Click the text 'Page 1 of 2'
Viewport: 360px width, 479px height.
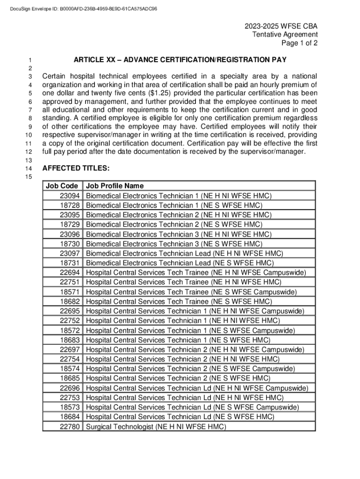point(299,44)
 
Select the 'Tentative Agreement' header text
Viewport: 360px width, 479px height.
point(285,34)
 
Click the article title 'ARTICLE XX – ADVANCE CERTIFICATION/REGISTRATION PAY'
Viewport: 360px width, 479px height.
point(180,60)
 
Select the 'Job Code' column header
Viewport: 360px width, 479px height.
point(62,186)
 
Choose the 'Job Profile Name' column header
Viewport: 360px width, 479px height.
point(115,186)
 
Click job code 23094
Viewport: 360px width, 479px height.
point(70,196)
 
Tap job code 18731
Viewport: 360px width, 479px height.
point(70,263)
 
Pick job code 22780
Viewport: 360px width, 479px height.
point(70,427)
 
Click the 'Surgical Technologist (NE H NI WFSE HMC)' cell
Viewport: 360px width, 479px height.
point(156,427)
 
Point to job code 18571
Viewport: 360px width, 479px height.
point(70,292)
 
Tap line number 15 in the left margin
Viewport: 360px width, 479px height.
point(29,177)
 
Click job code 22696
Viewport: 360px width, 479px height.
point(70,388)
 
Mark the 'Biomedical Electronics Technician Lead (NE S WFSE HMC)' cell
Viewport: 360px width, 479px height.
point(180,263)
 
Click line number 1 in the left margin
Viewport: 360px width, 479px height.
point(29,60)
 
